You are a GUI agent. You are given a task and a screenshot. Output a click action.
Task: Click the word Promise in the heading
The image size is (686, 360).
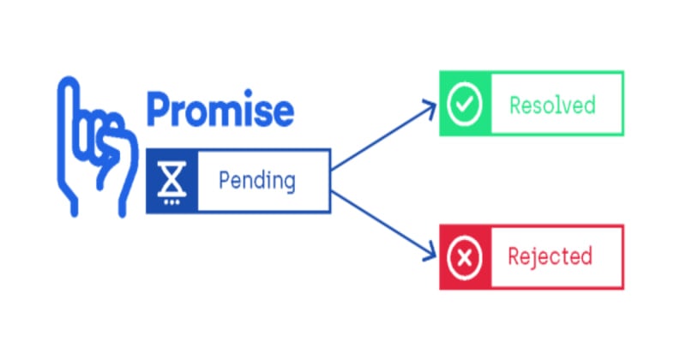point(220,109)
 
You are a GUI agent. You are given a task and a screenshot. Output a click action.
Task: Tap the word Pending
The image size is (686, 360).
point(257,180)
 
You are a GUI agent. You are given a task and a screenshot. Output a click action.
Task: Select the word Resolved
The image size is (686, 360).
point(552,105)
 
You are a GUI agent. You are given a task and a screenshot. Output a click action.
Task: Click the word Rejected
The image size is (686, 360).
point(551,256)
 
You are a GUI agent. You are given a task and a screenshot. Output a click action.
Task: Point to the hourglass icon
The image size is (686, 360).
point(172,178)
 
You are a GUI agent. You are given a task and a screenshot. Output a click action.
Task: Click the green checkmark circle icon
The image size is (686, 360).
point(465,104)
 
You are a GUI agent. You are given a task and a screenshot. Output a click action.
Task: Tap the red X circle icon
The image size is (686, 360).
point(465,258)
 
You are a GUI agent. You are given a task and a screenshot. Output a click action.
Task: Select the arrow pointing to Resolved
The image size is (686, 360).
point(384,135)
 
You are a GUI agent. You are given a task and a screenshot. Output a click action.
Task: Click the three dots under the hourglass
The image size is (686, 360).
point(171,202)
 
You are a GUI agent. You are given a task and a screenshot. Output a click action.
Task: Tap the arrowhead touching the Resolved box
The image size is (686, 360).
point(430,108)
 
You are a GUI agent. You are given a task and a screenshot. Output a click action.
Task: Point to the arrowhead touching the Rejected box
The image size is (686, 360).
point(430,254)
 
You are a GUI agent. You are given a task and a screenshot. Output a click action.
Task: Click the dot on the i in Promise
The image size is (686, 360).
point(248,93)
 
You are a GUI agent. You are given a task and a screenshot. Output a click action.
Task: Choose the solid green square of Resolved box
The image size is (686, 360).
point(465,103)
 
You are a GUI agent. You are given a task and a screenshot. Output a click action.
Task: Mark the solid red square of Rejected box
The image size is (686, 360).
point(465,257)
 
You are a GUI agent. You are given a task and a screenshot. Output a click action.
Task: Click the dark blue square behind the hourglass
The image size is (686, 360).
point(172,181)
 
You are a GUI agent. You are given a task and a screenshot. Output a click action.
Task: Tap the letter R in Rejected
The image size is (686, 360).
point(514,256)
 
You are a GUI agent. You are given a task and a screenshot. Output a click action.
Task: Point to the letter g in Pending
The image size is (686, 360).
point(288,183)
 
